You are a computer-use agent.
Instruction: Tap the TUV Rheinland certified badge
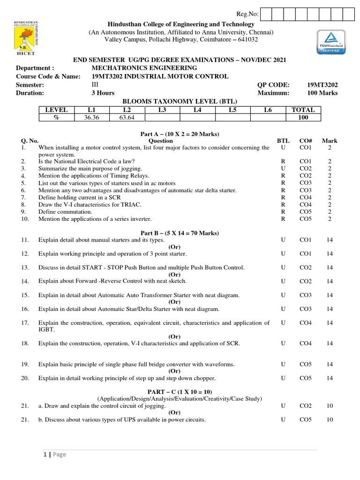point(330,44)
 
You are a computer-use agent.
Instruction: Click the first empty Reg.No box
point(266,15)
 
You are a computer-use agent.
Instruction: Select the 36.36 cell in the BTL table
point(92,118)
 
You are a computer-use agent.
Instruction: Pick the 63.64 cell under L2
point(127,118)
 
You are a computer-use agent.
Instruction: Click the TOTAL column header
point(303,110)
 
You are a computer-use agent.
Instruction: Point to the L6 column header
point(268,110)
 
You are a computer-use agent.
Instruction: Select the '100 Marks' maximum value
point(322,93)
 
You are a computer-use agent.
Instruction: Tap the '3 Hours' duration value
point(103,93)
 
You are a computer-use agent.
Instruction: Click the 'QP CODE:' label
point(273,85)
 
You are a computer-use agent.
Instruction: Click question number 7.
point(23,198)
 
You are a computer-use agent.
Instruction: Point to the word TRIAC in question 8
point(132,205)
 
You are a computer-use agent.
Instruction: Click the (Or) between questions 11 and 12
point(174,247)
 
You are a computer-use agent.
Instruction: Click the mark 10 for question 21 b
point(330,420)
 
